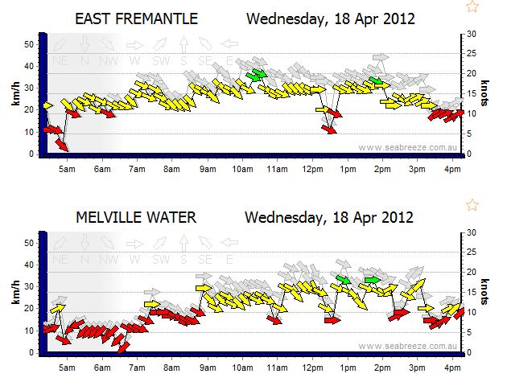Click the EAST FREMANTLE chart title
pyautogui.click(x=137, y=18)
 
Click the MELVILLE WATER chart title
pyautogui.click(x=136, y=216)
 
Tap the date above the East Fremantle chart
pyautogui.click(x=329, y=18)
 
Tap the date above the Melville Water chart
pyautogui.click(x=329, y=216)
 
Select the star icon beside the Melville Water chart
pyautogui.click(x=472, y=205)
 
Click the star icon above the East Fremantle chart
pyautogui.click(x=472, y=6)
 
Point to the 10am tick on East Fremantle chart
pyautogui.click(x=242, y=169)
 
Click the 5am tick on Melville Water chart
pyautogui.click(x=68, y=368)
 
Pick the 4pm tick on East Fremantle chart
pyautogui.click(x=451, y=169)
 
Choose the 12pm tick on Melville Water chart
pyautogui.click(x=311, y=368)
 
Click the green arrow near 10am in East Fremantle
pyautogui.click(x=257, y=75)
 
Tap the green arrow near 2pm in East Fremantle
pyautogui.click(x=377, y=80)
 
